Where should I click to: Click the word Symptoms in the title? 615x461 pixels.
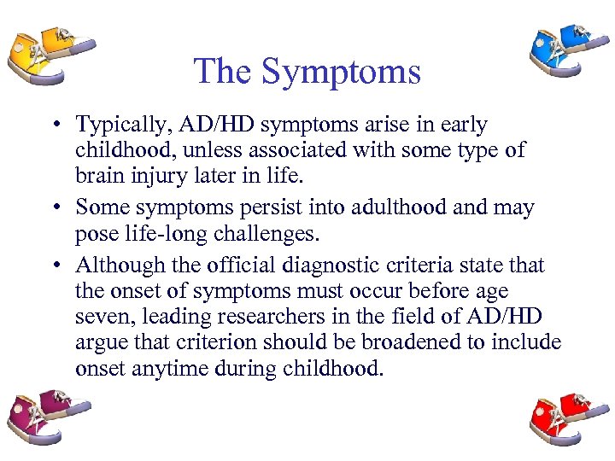[x=341, y=71]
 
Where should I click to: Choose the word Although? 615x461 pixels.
[x=121, y=266]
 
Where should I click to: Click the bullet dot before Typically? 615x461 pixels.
[x=54, y=125]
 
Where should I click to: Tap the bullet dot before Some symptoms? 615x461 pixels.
[x=54, y=207]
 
